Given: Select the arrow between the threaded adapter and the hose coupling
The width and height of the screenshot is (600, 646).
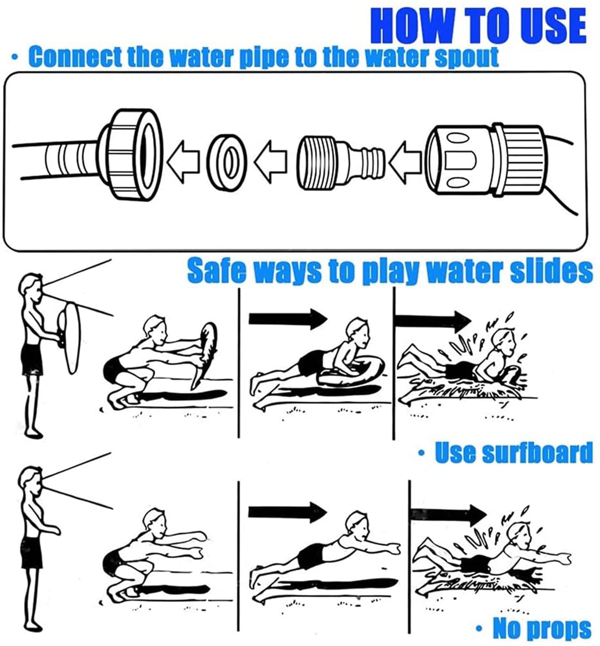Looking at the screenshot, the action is tap(405, 161).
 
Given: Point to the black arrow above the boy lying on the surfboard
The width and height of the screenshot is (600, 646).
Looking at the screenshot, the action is tap(287, 319).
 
